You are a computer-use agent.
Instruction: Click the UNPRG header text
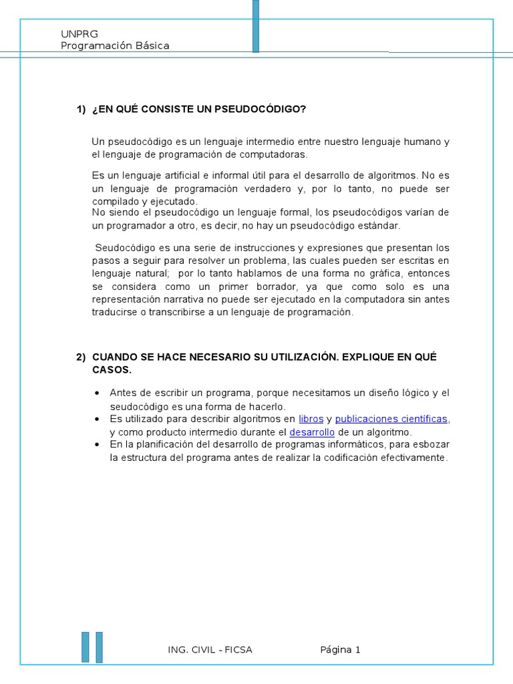pos(74,34)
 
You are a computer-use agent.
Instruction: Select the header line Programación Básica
pos(115,46)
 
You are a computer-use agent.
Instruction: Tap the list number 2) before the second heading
pos(81,357)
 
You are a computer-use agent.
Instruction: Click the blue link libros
pos(311,419)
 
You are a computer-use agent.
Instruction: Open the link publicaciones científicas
pos(391,419)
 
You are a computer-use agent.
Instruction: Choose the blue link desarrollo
pos(312,432)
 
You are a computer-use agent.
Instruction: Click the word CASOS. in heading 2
pos(112,370)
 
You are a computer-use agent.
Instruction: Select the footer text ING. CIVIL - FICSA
pos(210,650)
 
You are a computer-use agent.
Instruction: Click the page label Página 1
pos(340,650)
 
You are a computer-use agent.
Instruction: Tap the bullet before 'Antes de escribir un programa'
pos(98,393)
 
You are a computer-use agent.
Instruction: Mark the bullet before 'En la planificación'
pos(98,444)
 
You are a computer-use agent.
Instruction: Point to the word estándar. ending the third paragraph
pos(378,226)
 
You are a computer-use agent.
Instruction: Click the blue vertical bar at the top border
pos(256,25)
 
